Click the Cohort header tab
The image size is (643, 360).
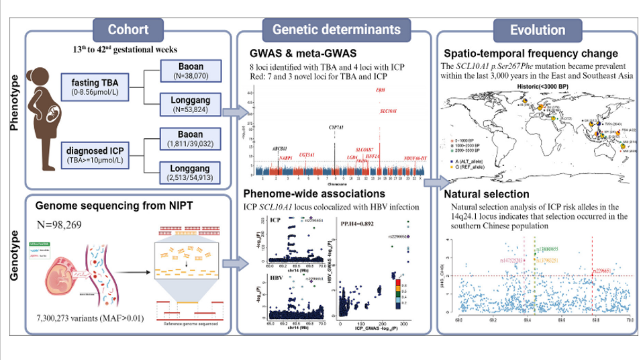click(x=132, y=30)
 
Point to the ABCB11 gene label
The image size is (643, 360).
click(x=268, y=147)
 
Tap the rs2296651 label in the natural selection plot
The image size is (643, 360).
click(x=603, y=270)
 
